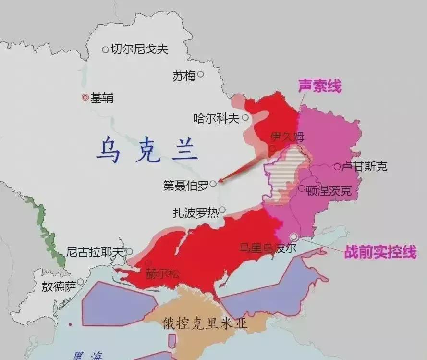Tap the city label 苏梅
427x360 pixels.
click(184, 76)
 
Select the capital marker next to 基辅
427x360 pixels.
click(85, 98)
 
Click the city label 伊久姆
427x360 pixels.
click(287, 137)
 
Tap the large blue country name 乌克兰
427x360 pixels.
click(146, 149)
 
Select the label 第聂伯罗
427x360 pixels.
click(186, 186)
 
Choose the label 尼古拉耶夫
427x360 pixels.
click(95, 251)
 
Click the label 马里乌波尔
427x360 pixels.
click(268, 248)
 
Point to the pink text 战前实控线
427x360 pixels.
click(380, 252)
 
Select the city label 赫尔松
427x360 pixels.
click(163, 274)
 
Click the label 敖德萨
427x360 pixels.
click(59, 287)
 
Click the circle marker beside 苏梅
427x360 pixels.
click(201, 74)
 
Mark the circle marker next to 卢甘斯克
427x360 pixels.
click(337, 166)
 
